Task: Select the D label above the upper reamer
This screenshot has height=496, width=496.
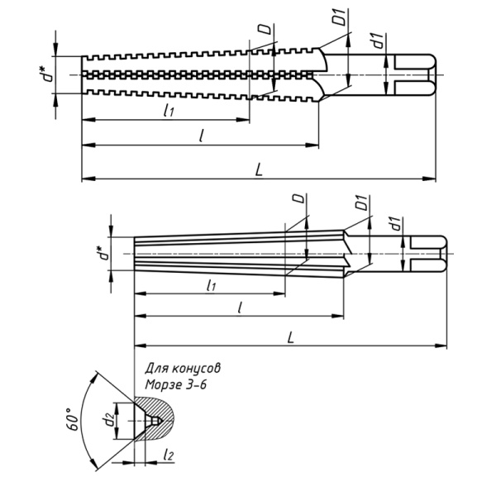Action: tap(264, 31)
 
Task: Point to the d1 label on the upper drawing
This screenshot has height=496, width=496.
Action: tap(377, 40)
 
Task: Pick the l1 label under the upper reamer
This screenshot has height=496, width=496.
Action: tap(169, 110)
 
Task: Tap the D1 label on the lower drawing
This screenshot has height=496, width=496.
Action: tap(360, 202)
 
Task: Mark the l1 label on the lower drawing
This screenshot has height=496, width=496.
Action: tap(211, 285)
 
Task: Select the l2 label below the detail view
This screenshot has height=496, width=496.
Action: tap(169, 455)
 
